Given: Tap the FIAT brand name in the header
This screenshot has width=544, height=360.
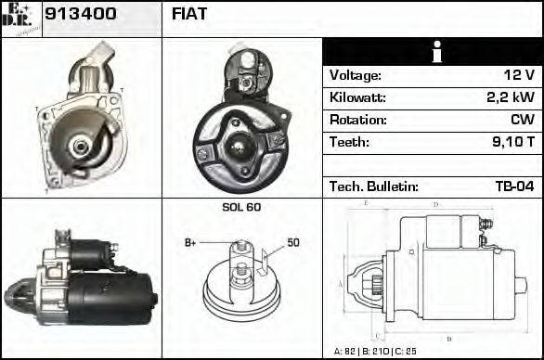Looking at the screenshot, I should tap(189, 14).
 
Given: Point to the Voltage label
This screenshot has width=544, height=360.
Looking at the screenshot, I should tap(355, 75).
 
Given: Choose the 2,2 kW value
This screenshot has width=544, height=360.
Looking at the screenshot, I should tap(510, 97).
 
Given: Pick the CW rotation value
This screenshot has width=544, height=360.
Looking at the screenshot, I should tap(523, 120).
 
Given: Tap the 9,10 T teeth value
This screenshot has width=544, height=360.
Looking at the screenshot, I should tap(512, 142).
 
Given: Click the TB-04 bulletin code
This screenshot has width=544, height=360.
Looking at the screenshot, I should tap(514, 186).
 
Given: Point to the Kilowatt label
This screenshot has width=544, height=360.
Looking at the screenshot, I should tap(357, 97).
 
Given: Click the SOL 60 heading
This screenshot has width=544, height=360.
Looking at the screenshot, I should tap(241, 207).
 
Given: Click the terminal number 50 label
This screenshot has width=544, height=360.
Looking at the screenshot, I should tap(292, 242).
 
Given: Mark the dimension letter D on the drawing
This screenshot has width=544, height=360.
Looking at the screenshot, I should tap(436, 204).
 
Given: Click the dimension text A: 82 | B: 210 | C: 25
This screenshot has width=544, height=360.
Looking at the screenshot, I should tap(381, 351).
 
